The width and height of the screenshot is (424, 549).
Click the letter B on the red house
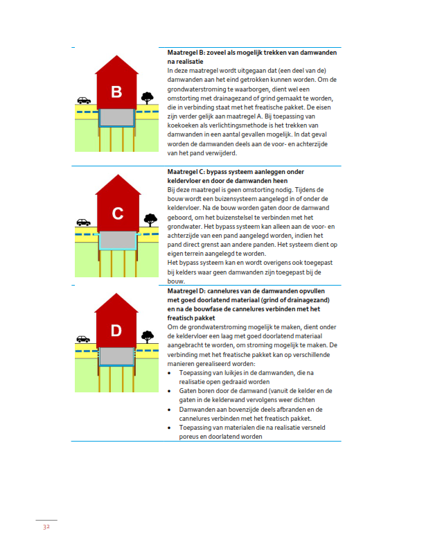pos(117,92)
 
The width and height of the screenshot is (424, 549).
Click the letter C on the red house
pos(117,214)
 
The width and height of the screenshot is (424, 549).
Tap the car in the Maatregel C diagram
pos(84,223)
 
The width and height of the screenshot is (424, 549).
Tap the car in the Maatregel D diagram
pos(84,339)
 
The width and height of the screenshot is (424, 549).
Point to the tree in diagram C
pos(148,220)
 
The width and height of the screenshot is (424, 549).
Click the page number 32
pos(46,527)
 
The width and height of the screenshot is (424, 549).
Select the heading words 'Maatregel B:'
pos(185,53)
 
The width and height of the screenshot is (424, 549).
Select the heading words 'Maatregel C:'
pos(185,171)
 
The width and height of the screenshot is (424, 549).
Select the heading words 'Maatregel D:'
pos(185,291)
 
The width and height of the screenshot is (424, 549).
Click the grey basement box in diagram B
pos(117,117)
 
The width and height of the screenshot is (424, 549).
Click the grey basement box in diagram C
pos(117,240)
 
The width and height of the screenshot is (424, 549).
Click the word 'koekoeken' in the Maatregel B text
pos(185,125)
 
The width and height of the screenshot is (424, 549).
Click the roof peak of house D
pos(117,295)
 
